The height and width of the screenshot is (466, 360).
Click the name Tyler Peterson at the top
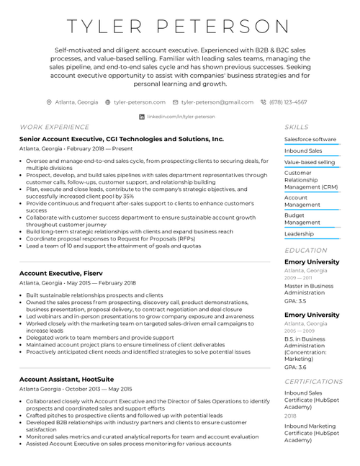(x=179, y=27)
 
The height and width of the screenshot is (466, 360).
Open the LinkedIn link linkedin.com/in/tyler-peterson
(x=181, y=116)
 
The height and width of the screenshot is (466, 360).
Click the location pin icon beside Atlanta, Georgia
(x=49, y=102)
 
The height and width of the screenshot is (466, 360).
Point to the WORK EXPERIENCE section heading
(x=54, y=127)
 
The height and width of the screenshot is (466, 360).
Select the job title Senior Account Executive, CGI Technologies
(x=122, y=139)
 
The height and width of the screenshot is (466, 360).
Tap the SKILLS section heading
(x=296, y=127)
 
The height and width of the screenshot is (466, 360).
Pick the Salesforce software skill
(x=310, y=139)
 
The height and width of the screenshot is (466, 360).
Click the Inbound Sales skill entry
(x=303, y=151)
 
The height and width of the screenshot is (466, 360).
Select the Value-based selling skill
(x=310, y=162)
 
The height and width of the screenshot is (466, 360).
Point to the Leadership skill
(x=299, y=233)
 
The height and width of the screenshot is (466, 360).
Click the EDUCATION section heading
(x=305, y=251)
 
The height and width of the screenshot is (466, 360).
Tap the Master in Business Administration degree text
(x=309, y=290)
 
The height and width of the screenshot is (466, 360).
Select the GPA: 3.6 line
(x=294, y=367)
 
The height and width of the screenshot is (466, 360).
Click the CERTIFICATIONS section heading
(x=313, y=382)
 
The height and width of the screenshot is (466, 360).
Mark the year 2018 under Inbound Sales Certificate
(x=289, y=416)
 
